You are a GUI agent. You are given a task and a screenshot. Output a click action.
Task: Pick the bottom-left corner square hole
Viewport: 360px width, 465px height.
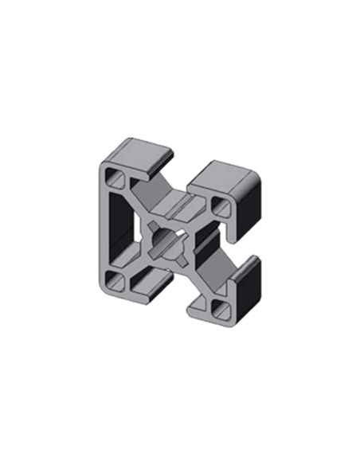[113, 279]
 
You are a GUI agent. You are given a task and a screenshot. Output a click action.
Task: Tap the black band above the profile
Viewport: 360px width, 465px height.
[179, 104]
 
